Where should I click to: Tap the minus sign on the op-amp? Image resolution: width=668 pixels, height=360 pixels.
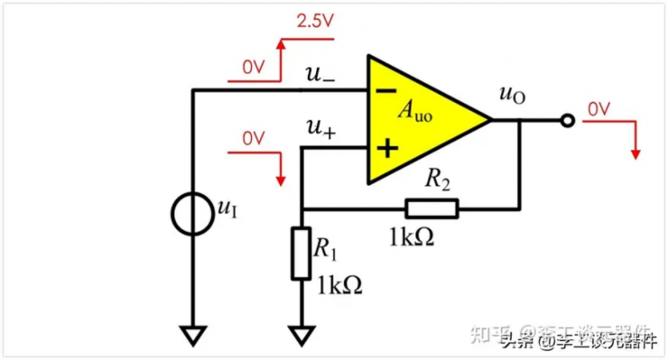tap(385, 90)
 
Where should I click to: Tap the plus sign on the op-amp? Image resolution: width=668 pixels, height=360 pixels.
tap(385, 148)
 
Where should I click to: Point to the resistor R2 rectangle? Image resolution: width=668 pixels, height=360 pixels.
tap(431, 209)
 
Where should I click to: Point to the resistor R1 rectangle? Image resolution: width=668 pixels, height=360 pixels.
tap(302, 253)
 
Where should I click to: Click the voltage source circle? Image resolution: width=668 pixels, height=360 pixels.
tap(193, 213)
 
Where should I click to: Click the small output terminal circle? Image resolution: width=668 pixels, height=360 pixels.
tap(567, 120)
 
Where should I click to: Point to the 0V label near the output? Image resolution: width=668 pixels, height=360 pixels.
tap(599, 109)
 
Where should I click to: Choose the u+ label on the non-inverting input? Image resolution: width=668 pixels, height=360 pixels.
tap(320, 130)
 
